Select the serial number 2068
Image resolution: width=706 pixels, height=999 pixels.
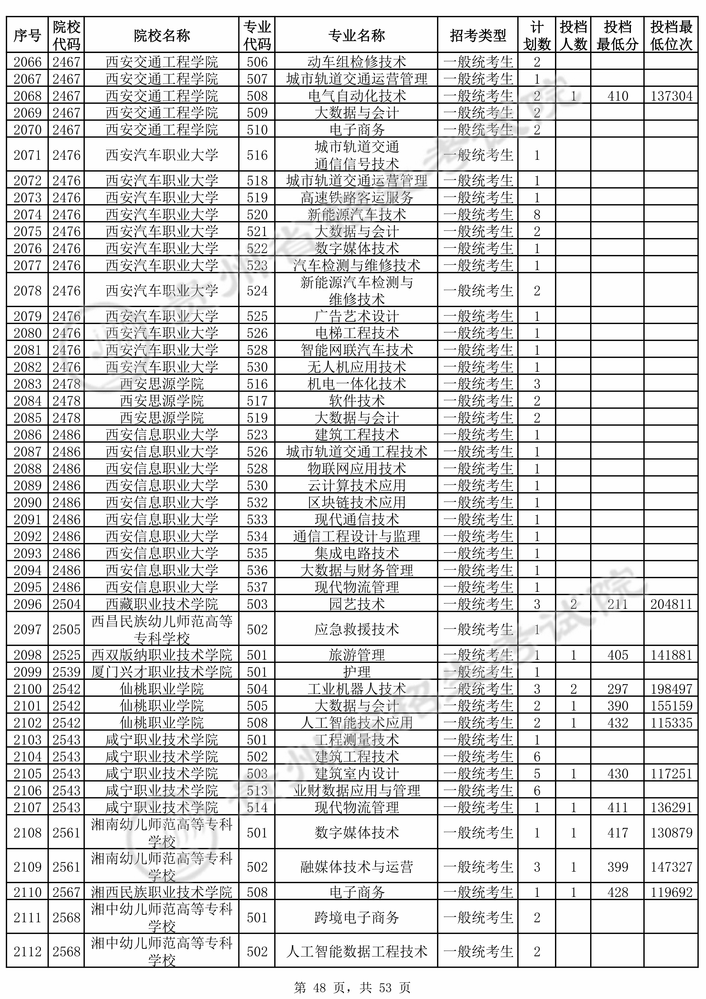click(x=27, y=96)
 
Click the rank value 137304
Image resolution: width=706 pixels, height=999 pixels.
click(x=671, y=96)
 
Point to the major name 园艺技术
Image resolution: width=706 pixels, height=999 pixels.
click(x=357, y=604)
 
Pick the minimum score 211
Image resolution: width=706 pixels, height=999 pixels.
click(x=617, y=604)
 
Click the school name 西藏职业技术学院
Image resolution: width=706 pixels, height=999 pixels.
click(x=162, y=604)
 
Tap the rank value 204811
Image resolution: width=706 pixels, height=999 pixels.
click(x=671, y=604)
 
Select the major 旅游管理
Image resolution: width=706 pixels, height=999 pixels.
click(x=357, y=655)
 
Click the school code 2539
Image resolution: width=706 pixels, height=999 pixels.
click(x=67, y=672)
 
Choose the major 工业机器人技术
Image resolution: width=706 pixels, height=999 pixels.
click(x=357, y=689)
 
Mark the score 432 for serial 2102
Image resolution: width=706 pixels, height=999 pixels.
click(x=617, y=723)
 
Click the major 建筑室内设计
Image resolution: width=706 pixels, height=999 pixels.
click(x=357, y=774)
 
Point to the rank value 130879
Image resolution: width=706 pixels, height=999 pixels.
click(x=671, y=833)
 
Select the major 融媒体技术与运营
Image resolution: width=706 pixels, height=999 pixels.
click(x=357, y=867)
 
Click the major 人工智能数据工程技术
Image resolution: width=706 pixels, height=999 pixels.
click(x=357, y=952)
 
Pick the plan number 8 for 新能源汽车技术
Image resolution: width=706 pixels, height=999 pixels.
click(x=537, y=215)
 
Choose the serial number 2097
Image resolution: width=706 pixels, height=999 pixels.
click(x=27, y=629)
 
